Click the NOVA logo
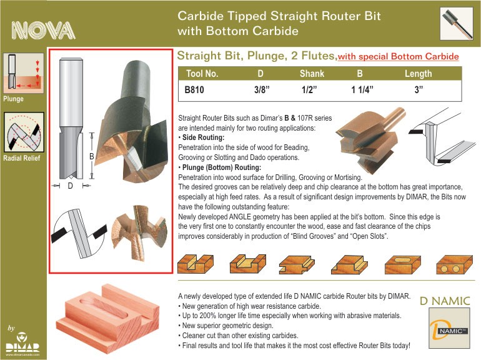click(43, 31)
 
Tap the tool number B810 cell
click(194, 89)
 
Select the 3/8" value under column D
click(262, 89)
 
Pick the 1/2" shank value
click(309, 89)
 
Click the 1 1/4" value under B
click(362, 89)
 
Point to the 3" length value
click(419, 89)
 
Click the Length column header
click(418, 74)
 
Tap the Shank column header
click(312, 74)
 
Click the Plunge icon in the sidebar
click(24, 73)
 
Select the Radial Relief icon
click(24, 132)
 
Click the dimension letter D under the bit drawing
click(70, 186)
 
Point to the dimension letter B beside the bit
click(91, 156)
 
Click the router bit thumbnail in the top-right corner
click(457, 24)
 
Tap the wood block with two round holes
click(454, 264)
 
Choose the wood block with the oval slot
click(403, 264)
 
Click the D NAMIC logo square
click(449, 328)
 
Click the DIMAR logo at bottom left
click(22, 344)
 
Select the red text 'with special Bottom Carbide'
click(398, 56)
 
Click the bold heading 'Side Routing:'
click(203, 137)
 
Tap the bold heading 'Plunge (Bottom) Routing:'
click(222, 167)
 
